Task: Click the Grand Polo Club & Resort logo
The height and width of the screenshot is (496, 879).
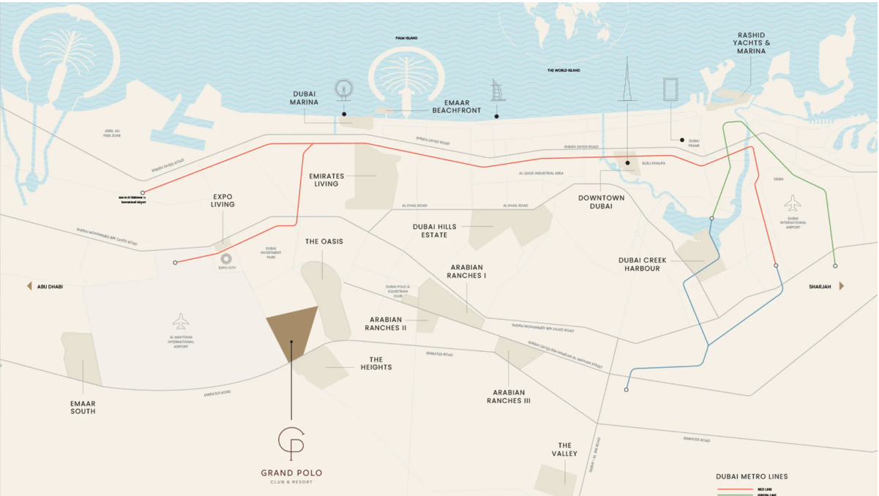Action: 291,441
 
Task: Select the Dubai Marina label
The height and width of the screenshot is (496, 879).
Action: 305,98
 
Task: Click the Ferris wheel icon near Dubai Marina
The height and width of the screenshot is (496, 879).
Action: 343,89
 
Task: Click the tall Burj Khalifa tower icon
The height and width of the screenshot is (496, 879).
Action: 626,80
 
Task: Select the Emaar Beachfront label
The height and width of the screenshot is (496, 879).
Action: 457,106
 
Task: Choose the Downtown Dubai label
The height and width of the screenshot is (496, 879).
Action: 601,202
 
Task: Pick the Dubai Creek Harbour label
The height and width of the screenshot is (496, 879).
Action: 639,264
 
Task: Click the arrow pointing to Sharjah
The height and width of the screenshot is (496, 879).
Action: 842,286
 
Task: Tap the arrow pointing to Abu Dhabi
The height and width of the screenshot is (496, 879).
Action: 30,286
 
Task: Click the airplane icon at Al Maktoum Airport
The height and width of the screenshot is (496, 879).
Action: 181,321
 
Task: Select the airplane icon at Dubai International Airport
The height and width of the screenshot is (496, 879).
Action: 793,202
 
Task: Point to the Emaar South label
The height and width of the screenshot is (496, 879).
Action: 83,407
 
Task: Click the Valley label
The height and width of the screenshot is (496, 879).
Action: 564,449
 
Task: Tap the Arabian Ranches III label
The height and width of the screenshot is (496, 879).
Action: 508,397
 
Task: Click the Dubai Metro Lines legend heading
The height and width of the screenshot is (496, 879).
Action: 752,476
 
